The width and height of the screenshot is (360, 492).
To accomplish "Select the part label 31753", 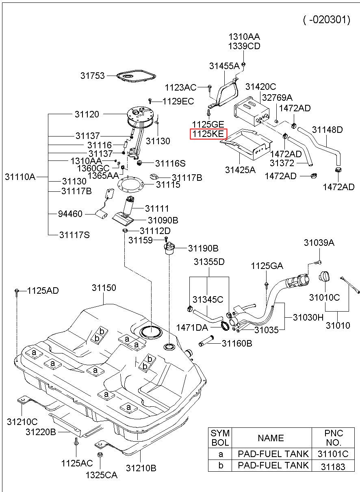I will [x=92, y=76].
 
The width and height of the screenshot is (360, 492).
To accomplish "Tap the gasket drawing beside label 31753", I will [x=137, y=77].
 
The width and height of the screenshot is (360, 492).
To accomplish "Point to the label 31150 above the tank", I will [x=104, y=288].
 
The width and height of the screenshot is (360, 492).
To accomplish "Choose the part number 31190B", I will [x=203, y=248].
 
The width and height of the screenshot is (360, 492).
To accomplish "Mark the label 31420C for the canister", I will [x=260, y=87].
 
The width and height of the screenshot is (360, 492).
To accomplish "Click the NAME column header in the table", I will [x=271, y=438].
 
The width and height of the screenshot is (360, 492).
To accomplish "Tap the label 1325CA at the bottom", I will [x=101, y=474].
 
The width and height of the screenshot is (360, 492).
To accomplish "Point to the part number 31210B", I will [x=141, y=468].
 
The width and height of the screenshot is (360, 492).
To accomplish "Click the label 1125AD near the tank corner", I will [x=43, y=290].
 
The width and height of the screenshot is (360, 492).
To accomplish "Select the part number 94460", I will [x=71, y=214].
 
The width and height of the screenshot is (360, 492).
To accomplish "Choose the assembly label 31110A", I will [x=20, y=176].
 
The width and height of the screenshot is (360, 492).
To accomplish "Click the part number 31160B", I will [x=237, y=344].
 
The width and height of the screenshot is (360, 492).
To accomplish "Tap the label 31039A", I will [x=319, y=243].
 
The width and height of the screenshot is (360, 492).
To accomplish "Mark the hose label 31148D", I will [x=327, y=130].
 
